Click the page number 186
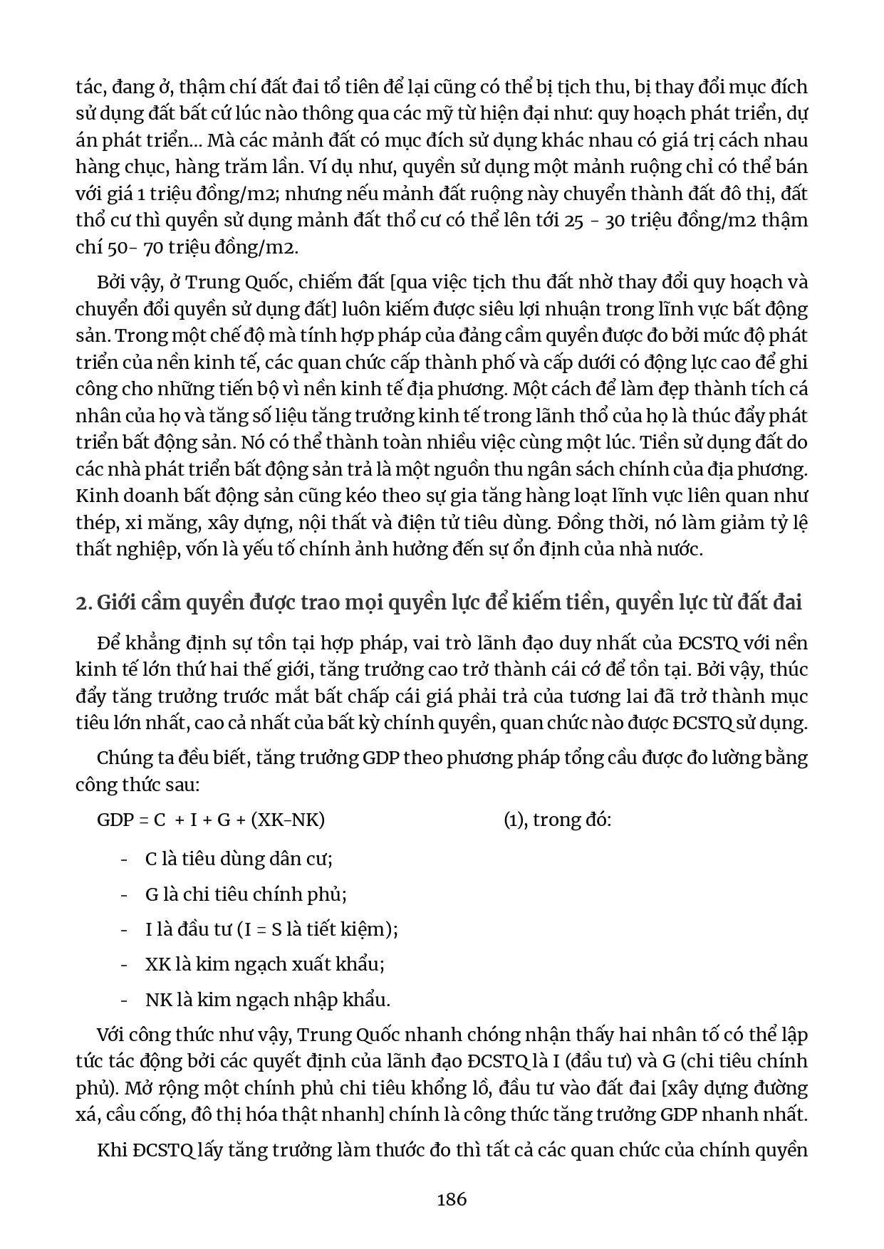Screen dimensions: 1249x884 tap(452, 1198)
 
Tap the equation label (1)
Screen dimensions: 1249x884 tap(514, 820)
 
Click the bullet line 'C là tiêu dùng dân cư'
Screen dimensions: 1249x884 tap(239, 859)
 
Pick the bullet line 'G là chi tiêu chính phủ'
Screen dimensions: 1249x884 tap(246, 894)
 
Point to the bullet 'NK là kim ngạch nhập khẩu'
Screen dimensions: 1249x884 tap(267, 1000)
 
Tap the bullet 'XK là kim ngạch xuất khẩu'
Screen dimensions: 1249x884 tap(264, 964)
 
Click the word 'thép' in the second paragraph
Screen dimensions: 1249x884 tap(95, 523)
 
